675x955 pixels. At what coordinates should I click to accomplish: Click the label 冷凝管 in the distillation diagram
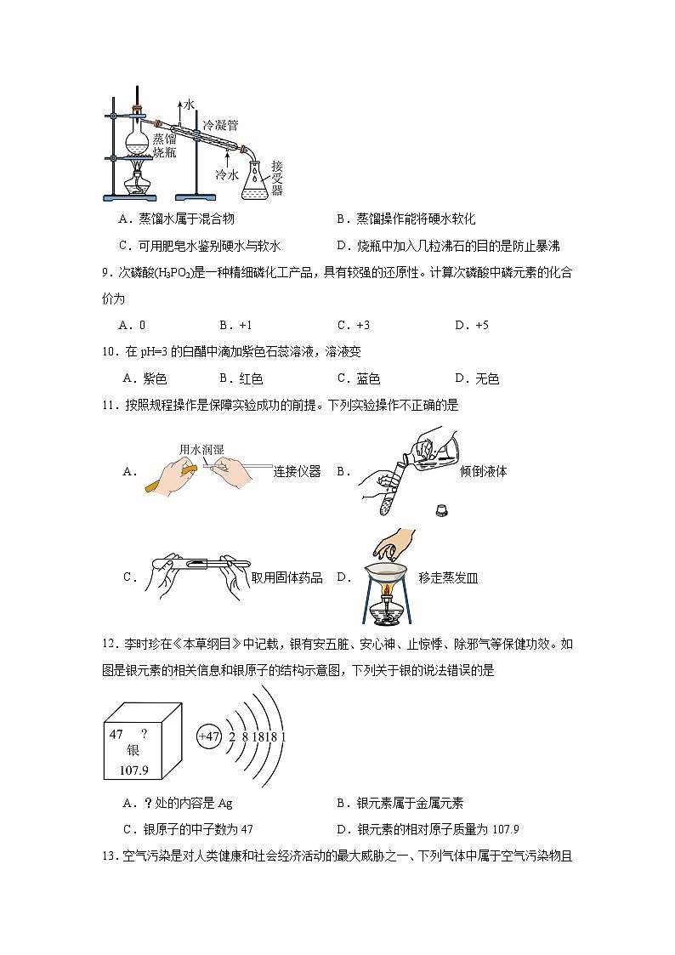coord(219,124)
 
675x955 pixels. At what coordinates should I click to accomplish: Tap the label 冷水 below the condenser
coord(226,174)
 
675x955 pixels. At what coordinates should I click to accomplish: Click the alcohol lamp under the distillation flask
coord(136,183)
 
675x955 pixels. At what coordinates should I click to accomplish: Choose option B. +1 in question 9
coord(235,325)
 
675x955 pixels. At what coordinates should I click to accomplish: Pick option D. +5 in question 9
coord(472,325)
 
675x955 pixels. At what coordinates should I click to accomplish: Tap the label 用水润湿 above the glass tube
coord(201,449)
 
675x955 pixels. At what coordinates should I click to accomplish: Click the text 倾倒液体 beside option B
coord(483,471)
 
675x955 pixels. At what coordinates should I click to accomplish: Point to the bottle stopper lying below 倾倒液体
coord(441,511)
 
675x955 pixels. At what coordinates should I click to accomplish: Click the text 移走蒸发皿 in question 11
coord(448,577)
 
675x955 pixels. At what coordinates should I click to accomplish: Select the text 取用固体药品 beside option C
coord(287,577)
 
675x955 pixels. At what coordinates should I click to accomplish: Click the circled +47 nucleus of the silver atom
coord(208,736)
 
